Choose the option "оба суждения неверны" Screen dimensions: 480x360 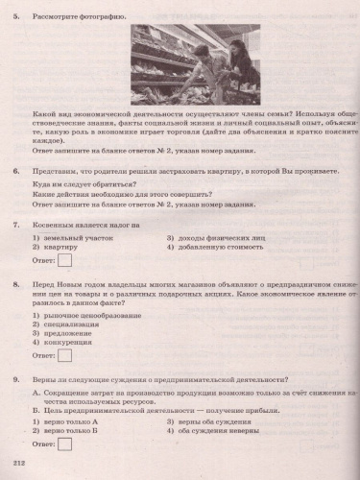click(x=213, y=429)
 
